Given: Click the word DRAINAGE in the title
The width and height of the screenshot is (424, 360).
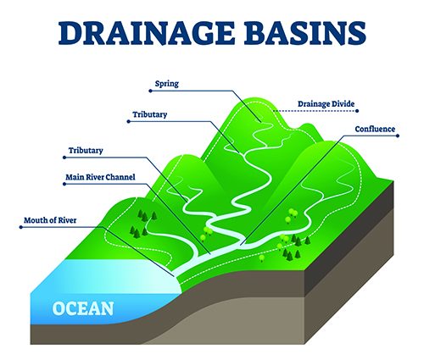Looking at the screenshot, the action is [147, 33].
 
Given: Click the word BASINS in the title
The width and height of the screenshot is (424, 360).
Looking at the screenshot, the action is [305, 33].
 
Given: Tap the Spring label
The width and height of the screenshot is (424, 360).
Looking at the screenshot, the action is [167, 84].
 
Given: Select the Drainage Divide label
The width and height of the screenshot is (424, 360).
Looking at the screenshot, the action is [326, 104].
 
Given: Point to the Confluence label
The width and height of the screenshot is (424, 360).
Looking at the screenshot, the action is [375, 129].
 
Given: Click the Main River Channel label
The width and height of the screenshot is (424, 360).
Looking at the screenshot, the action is [100, 177].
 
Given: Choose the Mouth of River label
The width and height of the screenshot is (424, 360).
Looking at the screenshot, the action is [50, 220].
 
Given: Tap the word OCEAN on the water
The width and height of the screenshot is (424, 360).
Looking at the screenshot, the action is [83, 308].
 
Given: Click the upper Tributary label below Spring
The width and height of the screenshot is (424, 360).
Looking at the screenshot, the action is [150, 114].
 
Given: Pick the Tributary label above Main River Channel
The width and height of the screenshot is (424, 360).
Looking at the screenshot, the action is [86, 150].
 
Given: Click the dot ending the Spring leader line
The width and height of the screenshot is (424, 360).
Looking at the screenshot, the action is [150, 91].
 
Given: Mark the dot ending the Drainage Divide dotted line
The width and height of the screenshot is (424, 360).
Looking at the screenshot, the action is [357, 111].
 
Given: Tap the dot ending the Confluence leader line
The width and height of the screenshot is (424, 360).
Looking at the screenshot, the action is [398, 136].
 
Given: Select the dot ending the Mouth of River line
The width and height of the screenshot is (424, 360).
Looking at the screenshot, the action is [21, 227].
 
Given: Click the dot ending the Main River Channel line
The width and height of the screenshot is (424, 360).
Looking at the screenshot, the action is [64, 184].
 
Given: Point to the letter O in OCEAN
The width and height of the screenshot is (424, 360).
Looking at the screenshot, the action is [59, 308].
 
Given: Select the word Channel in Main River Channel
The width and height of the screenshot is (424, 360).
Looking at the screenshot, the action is [123, 177].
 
